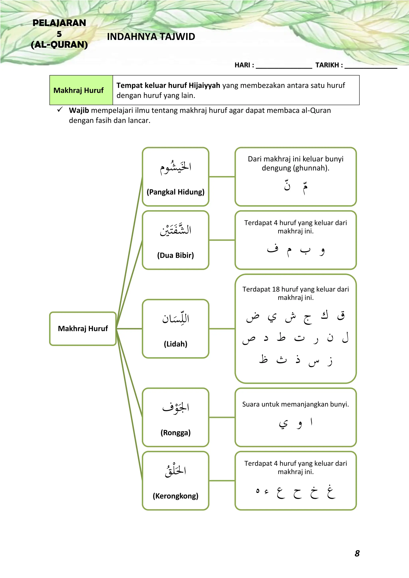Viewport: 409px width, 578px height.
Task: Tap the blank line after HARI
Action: coord(284,66)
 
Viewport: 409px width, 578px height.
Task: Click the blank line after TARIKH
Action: coord(370,66)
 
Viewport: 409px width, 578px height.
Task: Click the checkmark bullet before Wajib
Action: coord(60,110)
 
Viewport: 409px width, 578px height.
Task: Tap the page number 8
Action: coord(357,553)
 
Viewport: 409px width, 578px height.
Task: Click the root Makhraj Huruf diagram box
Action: coord(83,329)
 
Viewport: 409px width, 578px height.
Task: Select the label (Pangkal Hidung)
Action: coord(176,192)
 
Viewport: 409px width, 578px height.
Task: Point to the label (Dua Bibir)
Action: coord(176,255)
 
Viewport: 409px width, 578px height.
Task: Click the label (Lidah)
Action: coord(176,344)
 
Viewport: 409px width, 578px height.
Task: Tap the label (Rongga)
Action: coord(176,433)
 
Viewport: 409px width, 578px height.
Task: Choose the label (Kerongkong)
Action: coord(176,496)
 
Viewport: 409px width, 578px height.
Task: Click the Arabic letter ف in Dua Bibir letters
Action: coord(273,249)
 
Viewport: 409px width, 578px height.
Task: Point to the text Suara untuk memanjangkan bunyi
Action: coord(295,404)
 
